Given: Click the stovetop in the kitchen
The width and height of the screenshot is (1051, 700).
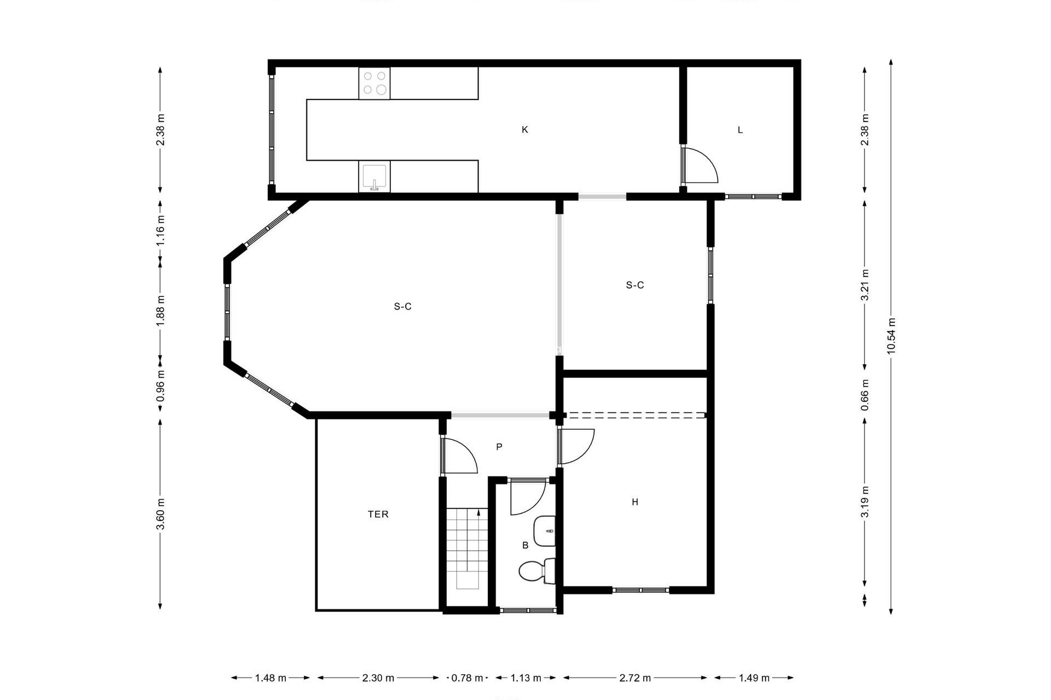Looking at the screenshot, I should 374,83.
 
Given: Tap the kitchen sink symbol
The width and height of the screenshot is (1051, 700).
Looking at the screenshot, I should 374,177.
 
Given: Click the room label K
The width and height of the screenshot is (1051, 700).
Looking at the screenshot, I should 524,130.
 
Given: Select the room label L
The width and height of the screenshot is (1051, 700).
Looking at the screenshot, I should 740,130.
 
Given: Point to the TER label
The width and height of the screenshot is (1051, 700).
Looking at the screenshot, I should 378,514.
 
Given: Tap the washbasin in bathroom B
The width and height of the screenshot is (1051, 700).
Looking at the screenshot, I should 544,531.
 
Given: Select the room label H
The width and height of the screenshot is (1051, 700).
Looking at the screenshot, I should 635,502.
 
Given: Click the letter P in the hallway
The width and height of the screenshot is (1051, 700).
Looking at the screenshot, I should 499,447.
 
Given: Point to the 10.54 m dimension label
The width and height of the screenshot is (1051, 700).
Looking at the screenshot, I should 891,336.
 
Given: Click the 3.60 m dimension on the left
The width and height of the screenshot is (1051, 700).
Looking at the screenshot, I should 160,514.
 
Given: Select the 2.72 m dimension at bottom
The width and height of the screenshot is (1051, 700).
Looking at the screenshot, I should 635,678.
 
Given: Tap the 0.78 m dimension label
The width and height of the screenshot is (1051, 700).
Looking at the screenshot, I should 467,678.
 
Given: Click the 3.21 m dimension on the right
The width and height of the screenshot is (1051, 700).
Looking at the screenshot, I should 864,284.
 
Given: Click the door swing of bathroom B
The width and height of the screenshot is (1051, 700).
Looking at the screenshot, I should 527,498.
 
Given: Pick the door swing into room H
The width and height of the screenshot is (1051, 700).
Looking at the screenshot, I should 578,446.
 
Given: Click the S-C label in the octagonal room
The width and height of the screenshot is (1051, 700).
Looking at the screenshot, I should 402,307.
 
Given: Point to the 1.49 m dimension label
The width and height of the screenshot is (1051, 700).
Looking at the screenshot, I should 754,678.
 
